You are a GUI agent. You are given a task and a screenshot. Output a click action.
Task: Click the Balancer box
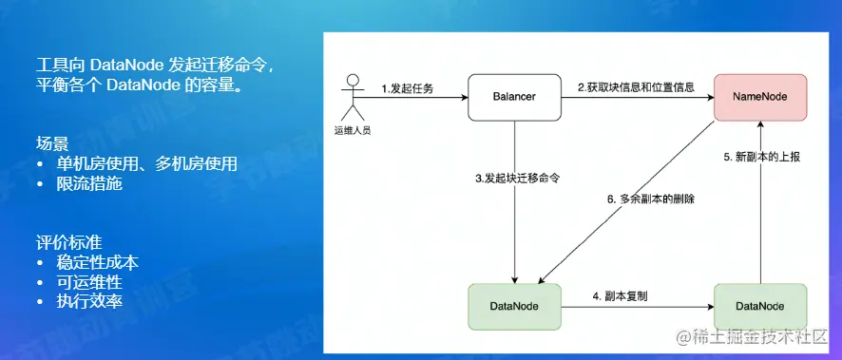point(514,97)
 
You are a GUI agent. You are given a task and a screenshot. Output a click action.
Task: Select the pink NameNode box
point(760,97)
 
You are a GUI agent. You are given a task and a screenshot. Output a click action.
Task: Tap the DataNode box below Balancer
point(514,307)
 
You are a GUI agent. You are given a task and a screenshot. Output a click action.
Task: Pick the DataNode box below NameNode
point(760,307)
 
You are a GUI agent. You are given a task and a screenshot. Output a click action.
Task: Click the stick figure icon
point(353,97)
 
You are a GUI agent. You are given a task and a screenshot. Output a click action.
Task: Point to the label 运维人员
point(353,131)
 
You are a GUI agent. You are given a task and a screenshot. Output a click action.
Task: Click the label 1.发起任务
point(407,89)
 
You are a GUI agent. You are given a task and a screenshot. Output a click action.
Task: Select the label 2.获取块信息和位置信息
point(637,87)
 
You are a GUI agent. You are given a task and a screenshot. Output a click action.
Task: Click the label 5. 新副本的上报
point(762,158)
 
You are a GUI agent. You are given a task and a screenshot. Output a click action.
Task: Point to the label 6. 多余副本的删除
point(650,199)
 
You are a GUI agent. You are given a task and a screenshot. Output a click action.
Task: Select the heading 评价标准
point(68,242)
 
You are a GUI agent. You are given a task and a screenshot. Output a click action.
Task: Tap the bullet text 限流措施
point(89,184)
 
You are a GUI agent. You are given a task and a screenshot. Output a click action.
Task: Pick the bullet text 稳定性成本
point(97,262)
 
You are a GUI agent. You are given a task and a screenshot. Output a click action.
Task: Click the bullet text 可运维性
point(89,282)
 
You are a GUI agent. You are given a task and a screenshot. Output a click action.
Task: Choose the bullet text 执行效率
point(89,301)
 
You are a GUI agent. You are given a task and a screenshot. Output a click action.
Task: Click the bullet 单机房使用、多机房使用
point(146,164)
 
